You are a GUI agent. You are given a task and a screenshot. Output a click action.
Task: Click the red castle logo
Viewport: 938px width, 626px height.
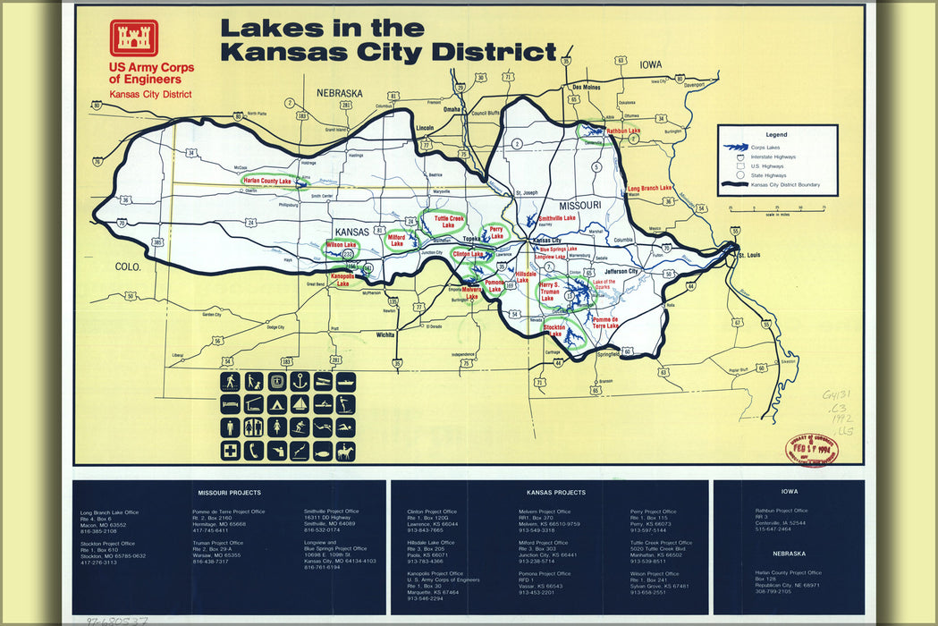pos(134,38)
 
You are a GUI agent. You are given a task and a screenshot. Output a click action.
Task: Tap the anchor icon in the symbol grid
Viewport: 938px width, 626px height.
pos(300,381)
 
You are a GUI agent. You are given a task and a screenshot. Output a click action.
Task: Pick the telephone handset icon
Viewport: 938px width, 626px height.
pos(254,452)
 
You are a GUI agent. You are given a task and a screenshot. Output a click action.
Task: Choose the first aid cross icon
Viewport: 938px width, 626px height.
pos(231,452)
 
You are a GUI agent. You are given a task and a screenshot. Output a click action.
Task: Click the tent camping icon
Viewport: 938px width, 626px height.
pos(277,404)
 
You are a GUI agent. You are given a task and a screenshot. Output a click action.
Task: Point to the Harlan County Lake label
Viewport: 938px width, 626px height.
pos(267,182)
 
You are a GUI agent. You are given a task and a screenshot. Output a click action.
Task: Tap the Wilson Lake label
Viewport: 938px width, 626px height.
pos(340,244)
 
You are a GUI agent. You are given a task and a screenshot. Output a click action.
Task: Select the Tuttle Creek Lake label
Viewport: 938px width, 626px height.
pos(449,222)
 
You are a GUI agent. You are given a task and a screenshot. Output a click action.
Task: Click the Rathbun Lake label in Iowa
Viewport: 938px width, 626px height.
pos(623,131)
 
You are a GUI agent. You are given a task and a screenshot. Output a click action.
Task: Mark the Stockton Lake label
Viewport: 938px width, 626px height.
pos(560,330)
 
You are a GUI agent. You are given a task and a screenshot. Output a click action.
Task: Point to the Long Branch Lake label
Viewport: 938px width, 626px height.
pos(649,189)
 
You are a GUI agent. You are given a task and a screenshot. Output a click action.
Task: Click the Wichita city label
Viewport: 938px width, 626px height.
pos(385,334)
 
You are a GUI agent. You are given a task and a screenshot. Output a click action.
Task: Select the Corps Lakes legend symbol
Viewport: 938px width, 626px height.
pos(736,147)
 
